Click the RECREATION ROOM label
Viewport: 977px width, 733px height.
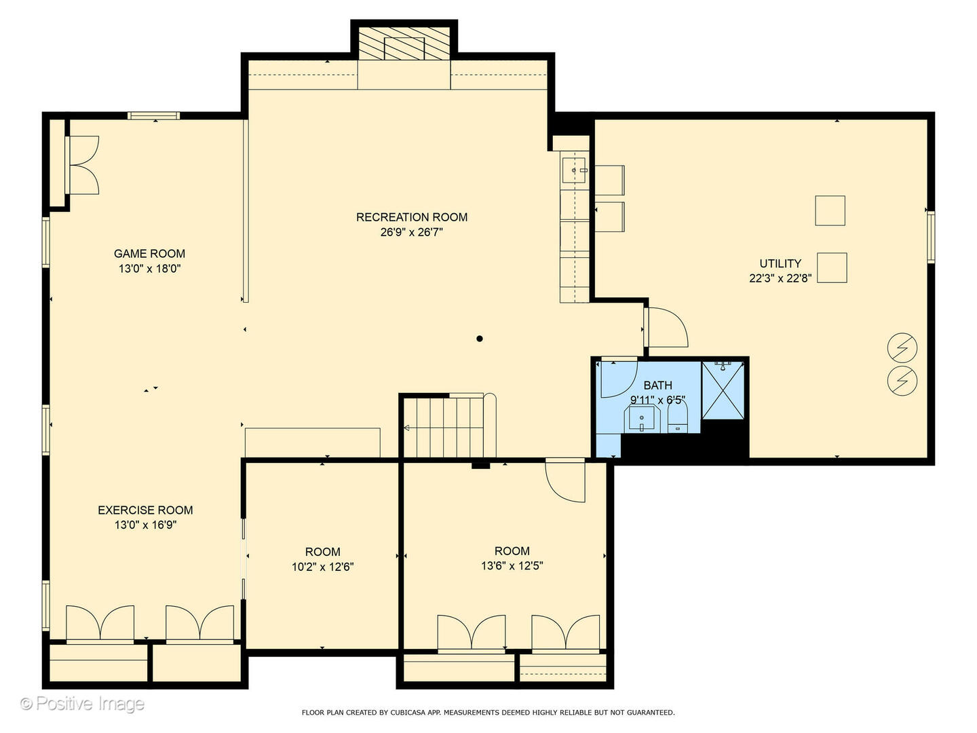412,217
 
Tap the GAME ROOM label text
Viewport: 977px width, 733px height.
149,254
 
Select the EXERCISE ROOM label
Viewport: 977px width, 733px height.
145,510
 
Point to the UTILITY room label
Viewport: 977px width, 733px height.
780,263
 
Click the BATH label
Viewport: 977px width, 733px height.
657,386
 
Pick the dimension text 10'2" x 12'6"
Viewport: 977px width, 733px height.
322,567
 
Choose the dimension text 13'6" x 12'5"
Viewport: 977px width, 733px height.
512,566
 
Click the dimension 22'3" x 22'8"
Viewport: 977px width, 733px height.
780,278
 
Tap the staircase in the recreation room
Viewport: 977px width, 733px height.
448,428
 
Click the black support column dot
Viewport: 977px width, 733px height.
480,339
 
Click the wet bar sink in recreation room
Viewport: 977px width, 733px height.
574,170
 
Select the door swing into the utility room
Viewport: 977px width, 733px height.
666,328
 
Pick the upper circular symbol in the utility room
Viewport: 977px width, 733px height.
902,348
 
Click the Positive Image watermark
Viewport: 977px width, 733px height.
83,704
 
